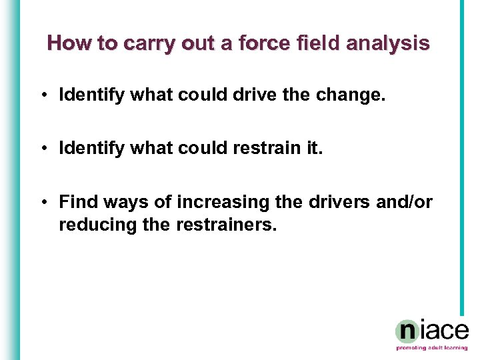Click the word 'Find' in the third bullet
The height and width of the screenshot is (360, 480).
click(76, 201)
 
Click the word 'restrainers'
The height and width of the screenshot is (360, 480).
click(226, 225)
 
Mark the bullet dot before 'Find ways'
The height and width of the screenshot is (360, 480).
click(43, 201)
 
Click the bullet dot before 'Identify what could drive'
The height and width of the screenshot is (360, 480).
click(43, 95)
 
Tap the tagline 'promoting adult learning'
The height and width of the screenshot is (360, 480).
click(431, 348)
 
